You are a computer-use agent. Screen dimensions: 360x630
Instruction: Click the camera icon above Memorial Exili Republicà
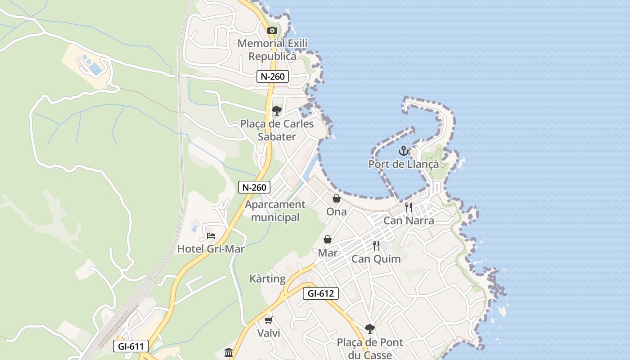pos(272,31)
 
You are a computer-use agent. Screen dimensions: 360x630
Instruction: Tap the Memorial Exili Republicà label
pos(272,50)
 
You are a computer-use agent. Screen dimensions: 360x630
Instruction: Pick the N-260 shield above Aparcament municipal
pos(254,187)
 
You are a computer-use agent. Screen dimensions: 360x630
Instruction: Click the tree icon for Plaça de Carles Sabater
pos(276,111)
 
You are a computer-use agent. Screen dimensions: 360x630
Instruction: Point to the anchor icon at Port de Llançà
pos(403,151)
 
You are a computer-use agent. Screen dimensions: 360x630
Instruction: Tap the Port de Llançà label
pos(403,164)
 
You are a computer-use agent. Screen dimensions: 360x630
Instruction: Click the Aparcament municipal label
pos(275,211)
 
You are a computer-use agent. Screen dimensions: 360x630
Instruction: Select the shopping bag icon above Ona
pos(337,198)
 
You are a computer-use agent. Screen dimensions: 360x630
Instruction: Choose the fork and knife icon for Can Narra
pos(409,207)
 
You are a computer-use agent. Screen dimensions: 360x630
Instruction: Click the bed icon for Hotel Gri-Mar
pos(211,235)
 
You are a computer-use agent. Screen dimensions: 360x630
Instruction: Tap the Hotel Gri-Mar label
pos(211,249)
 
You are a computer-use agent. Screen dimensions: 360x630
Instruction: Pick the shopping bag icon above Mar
pos(328,239)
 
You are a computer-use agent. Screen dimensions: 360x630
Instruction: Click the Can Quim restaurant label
pos(376,259)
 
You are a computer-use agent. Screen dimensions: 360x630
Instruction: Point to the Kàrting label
pos(268,279)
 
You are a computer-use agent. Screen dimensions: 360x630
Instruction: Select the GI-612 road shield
pos(320,294)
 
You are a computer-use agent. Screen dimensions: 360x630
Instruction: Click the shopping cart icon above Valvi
pos(269,320)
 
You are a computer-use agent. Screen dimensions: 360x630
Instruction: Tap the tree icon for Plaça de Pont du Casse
pos(370,329)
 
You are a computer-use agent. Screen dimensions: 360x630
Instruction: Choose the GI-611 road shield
pos(130,346)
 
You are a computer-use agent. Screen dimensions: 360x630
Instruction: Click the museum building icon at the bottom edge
pos(229,352)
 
